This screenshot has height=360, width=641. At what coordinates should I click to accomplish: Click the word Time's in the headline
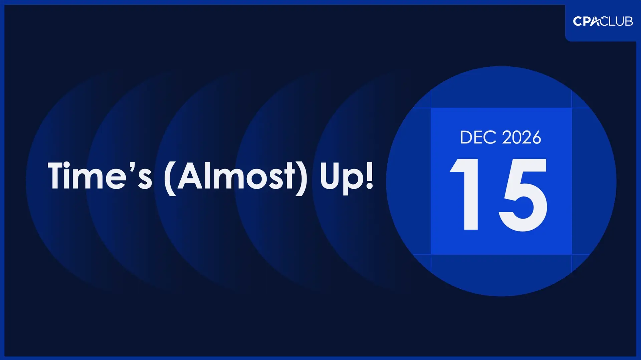click(100, 175)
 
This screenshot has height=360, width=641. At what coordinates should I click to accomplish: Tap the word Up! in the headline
click(346, 177)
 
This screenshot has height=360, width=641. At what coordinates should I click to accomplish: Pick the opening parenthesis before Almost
click(170, 178)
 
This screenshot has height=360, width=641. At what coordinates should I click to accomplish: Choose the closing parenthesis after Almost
click(301, 178)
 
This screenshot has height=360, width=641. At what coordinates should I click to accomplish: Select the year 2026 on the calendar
click(521, 137)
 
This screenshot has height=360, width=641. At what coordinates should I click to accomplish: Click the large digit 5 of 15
click(523, 195)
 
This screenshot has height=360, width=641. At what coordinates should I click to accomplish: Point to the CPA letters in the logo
click(587, 21)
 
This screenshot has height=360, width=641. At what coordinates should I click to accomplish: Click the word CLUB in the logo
click(617, 21)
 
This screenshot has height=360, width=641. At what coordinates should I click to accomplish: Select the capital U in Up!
click(330, 175)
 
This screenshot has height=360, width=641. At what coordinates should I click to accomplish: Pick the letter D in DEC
click(466, 137)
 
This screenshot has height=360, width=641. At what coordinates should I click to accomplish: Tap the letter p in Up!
click(354, 180)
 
